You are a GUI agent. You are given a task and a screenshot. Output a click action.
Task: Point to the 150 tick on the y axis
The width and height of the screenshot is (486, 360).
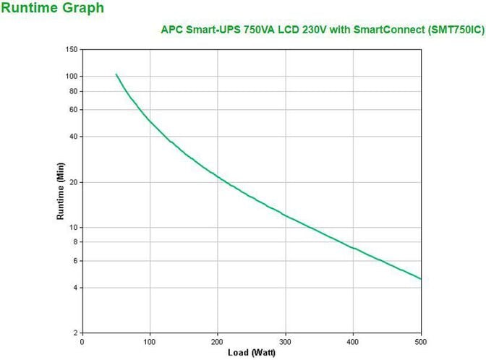coord(72,49)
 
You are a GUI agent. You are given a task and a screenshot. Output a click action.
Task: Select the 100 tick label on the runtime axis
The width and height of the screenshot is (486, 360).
coord(72,76)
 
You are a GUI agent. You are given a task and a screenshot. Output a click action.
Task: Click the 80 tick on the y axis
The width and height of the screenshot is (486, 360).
coord(73,91)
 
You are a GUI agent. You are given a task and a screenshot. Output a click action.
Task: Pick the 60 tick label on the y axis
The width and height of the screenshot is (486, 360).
coord(73,109)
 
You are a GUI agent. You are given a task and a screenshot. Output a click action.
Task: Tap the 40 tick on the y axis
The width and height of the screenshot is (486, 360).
coord(73,137)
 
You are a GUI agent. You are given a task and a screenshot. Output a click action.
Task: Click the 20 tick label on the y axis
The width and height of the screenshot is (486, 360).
coord(73,182)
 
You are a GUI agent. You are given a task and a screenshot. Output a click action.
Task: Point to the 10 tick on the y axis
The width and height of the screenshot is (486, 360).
coord(73,227)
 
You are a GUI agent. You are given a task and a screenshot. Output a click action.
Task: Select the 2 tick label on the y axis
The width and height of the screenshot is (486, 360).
coord(75,333)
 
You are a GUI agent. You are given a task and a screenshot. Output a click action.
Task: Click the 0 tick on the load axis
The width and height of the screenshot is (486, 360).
coord(82,341)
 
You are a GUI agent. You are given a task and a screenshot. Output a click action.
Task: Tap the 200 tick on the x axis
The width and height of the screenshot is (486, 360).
coord(218,341)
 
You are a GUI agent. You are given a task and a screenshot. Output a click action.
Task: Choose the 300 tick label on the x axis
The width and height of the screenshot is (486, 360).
coord(285,341)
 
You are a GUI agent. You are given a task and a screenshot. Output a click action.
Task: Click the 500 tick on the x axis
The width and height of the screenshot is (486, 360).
coord(421,341)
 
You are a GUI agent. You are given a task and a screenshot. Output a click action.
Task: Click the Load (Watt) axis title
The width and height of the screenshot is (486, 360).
coord(251,353)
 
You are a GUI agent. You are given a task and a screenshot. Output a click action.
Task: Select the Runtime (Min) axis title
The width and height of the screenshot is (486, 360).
coord(61,191)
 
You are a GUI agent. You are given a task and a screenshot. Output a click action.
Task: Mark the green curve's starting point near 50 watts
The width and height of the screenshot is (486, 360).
coord(116,74)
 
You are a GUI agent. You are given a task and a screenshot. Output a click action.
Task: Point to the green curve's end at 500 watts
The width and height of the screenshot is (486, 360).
coord(420,279)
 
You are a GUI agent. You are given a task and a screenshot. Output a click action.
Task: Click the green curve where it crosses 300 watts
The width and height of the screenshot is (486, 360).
coord(286,215)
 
